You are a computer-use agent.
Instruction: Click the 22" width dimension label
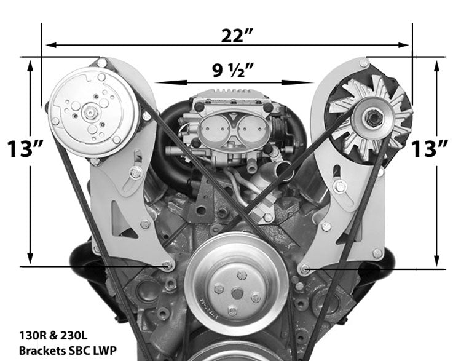click(x=237, y=35)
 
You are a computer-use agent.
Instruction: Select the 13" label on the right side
click(x=430, y=149)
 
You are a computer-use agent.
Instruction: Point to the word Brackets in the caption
click(x=41, y=352)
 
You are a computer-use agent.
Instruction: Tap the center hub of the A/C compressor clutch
click(x=90, y=113)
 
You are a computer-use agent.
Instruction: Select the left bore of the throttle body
click(x=211, y=130)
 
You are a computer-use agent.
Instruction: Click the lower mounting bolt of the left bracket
click(x=167, y=266)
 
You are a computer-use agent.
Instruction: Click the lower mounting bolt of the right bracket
click(x=305, y=269)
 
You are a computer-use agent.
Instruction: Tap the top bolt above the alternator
click(x=364, y=63)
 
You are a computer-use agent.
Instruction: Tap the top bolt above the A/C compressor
click(x=101, y=63)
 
